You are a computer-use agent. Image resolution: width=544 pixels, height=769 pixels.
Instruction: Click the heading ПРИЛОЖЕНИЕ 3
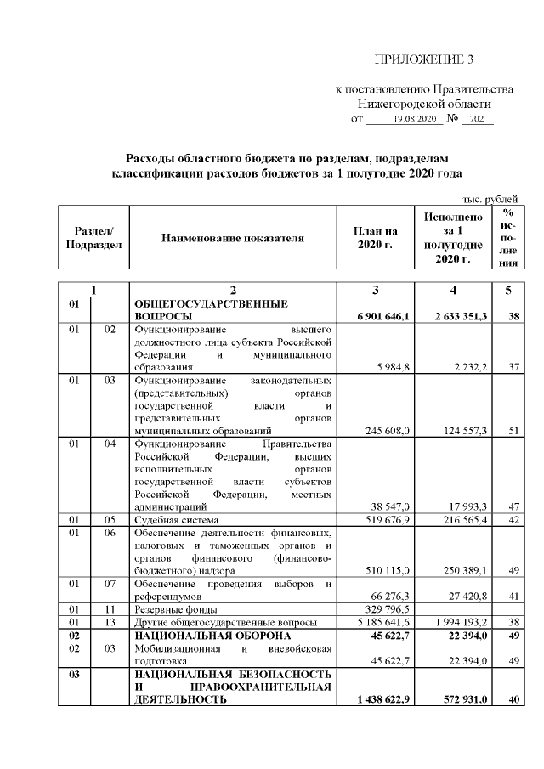[x=422, y=59]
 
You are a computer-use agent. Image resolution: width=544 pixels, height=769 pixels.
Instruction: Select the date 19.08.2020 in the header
[x=414, y=118]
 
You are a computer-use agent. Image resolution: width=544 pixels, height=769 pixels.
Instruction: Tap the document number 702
[x=476, y=118]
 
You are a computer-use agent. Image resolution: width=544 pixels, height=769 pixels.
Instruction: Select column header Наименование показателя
[x=232, y=239]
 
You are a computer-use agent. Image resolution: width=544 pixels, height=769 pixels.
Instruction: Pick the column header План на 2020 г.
[x=375, y=239]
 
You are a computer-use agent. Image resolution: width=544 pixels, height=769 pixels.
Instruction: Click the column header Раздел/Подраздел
[x=93, y=239]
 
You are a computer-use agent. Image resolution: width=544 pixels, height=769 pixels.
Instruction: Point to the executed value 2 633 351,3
[x=455, y=317]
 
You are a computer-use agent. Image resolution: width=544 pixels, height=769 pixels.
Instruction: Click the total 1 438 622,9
[x=379, y=699]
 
